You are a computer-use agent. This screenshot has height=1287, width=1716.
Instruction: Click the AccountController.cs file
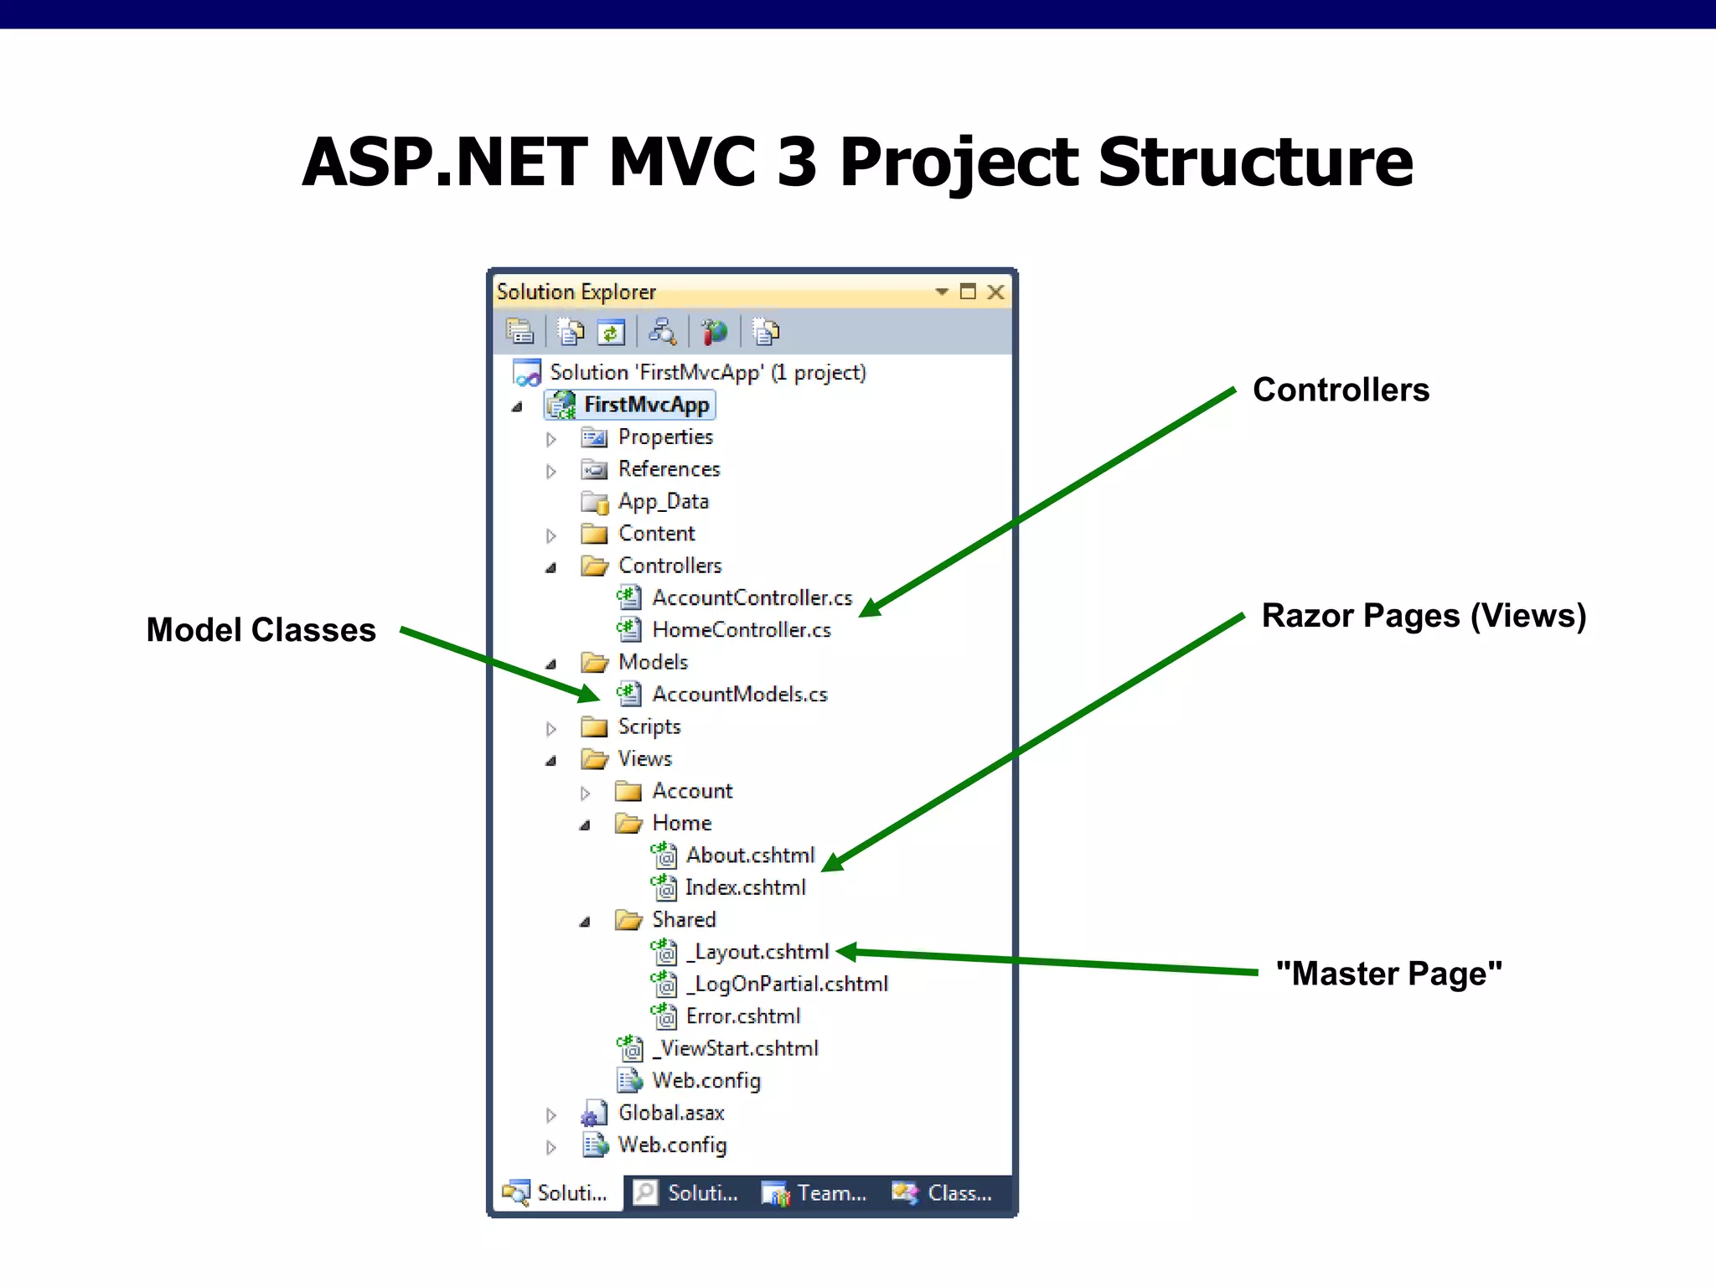pos(752,597)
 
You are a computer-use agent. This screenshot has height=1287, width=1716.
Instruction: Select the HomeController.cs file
pos(741,630)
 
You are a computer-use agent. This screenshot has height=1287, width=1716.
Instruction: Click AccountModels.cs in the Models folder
pos(739,695)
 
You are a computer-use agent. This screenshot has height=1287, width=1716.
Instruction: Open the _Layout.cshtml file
pos(757,952)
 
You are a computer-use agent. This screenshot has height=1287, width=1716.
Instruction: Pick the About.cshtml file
pos(750,855)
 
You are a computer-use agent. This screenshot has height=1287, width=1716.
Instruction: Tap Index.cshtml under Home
pos(745,887)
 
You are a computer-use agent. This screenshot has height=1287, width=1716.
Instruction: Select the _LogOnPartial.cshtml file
pos(787,985)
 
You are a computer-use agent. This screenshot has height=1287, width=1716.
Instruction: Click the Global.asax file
pos(670,1114)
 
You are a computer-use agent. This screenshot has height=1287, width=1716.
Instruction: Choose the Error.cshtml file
pos(742,1016)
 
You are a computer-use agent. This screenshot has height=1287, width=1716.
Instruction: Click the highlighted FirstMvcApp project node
pos(646,406)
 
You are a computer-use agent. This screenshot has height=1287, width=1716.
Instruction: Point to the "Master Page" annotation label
pos(1388,974)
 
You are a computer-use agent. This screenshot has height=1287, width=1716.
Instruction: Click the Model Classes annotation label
pos(261,630)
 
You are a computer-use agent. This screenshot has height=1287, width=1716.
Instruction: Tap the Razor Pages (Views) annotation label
pos(1424,616)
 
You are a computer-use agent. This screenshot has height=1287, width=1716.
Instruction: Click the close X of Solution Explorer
pos(995,292)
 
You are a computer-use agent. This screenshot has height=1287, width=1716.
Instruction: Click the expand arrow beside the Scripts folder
pos(550,729)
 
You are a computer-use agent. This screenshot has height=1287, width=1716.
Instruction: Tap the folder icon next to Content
pos(594,535)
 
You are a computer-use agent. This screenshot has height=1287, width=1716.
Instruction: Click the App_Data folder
pos(663,502)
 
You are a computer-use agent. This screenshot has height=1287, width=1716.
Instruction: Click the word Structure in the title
pos(1255,163)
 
